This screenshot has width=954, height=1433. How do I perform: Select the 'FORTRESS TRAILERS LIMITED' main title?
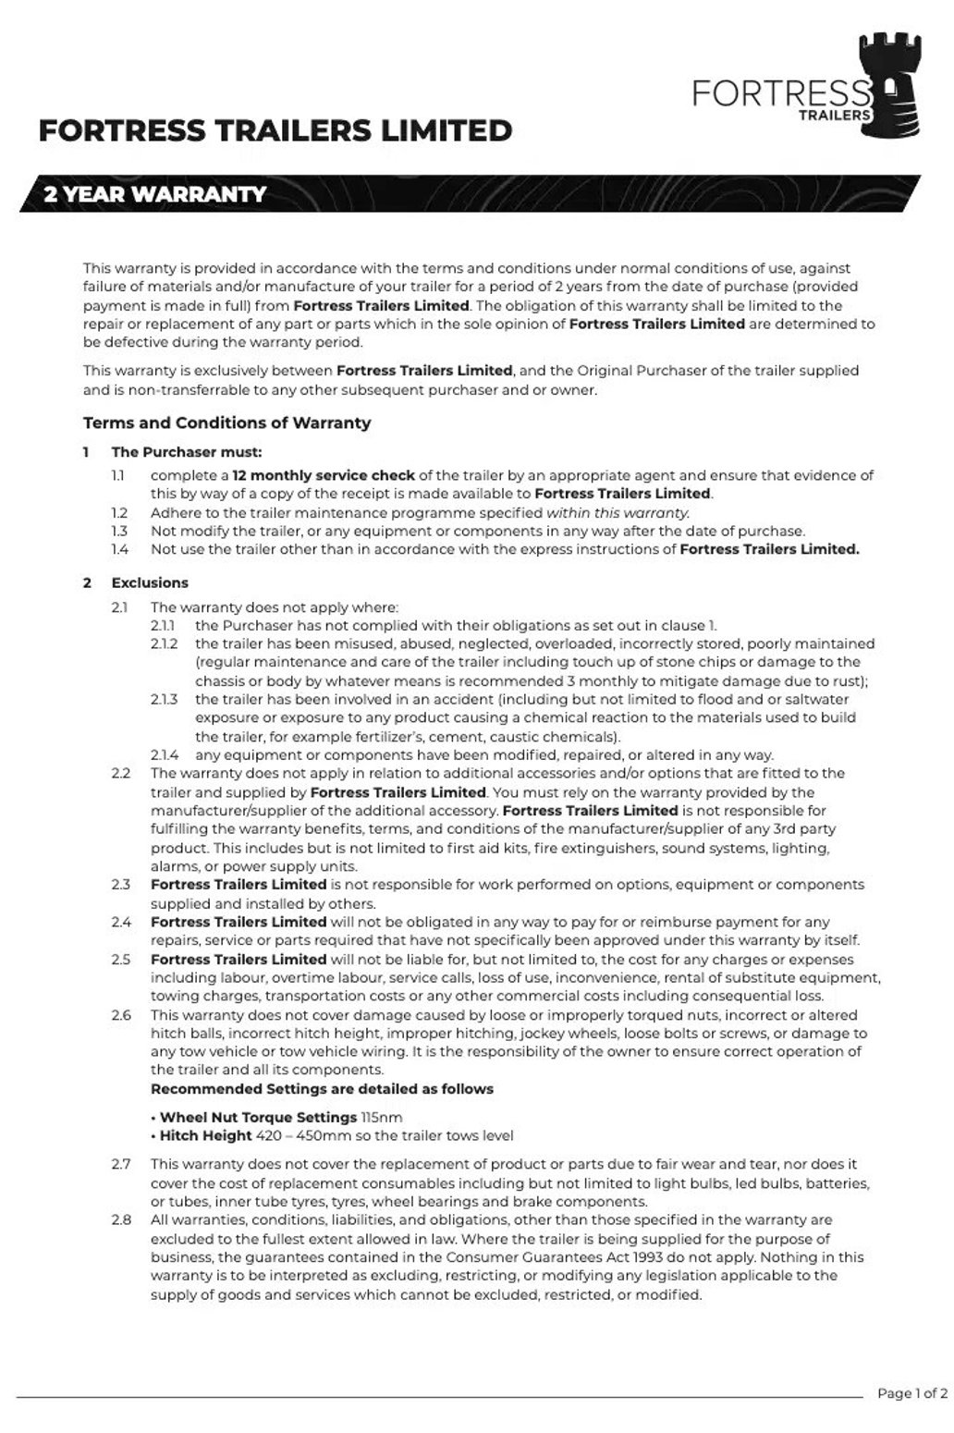pos(275,131)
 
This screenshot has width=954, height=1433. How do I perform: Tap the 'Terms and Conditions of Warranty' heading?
pos(226,423)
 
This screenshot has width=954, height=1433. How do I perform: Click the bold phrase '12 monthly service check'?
pos(324,475)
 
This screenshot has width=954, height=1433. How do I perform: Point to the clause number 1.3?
pos(119,531)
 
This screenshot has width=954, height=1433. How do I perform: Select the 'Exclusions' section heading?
pos(150,582)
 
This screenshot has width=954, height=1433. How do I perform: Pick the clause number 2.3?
pos(121,885)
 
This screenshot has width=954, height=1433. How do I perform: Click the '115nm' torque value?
pos(382,1117)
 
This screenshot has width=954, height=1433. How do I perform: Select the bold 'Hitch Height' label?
pos(206,1135)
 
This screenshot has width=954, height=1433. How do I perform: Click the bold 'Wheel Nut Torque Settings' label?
pos(258,1117)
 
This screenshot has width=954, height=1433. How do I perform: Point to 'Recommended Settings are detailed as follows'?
pos(322,1089)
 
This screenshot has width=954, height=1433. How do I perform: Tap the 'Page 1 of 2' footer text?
pos(911,1393)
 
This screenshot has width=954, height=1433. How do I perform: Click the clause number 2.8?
pos(121,1220)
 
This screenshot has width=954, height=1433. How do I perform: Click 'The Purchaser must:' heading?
pos(187,452)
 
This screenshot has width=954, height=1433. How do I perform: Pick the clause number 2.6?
pos(121,1015)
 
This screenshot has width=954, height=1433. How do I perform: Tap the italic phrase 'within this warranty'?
pos(618,512)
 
